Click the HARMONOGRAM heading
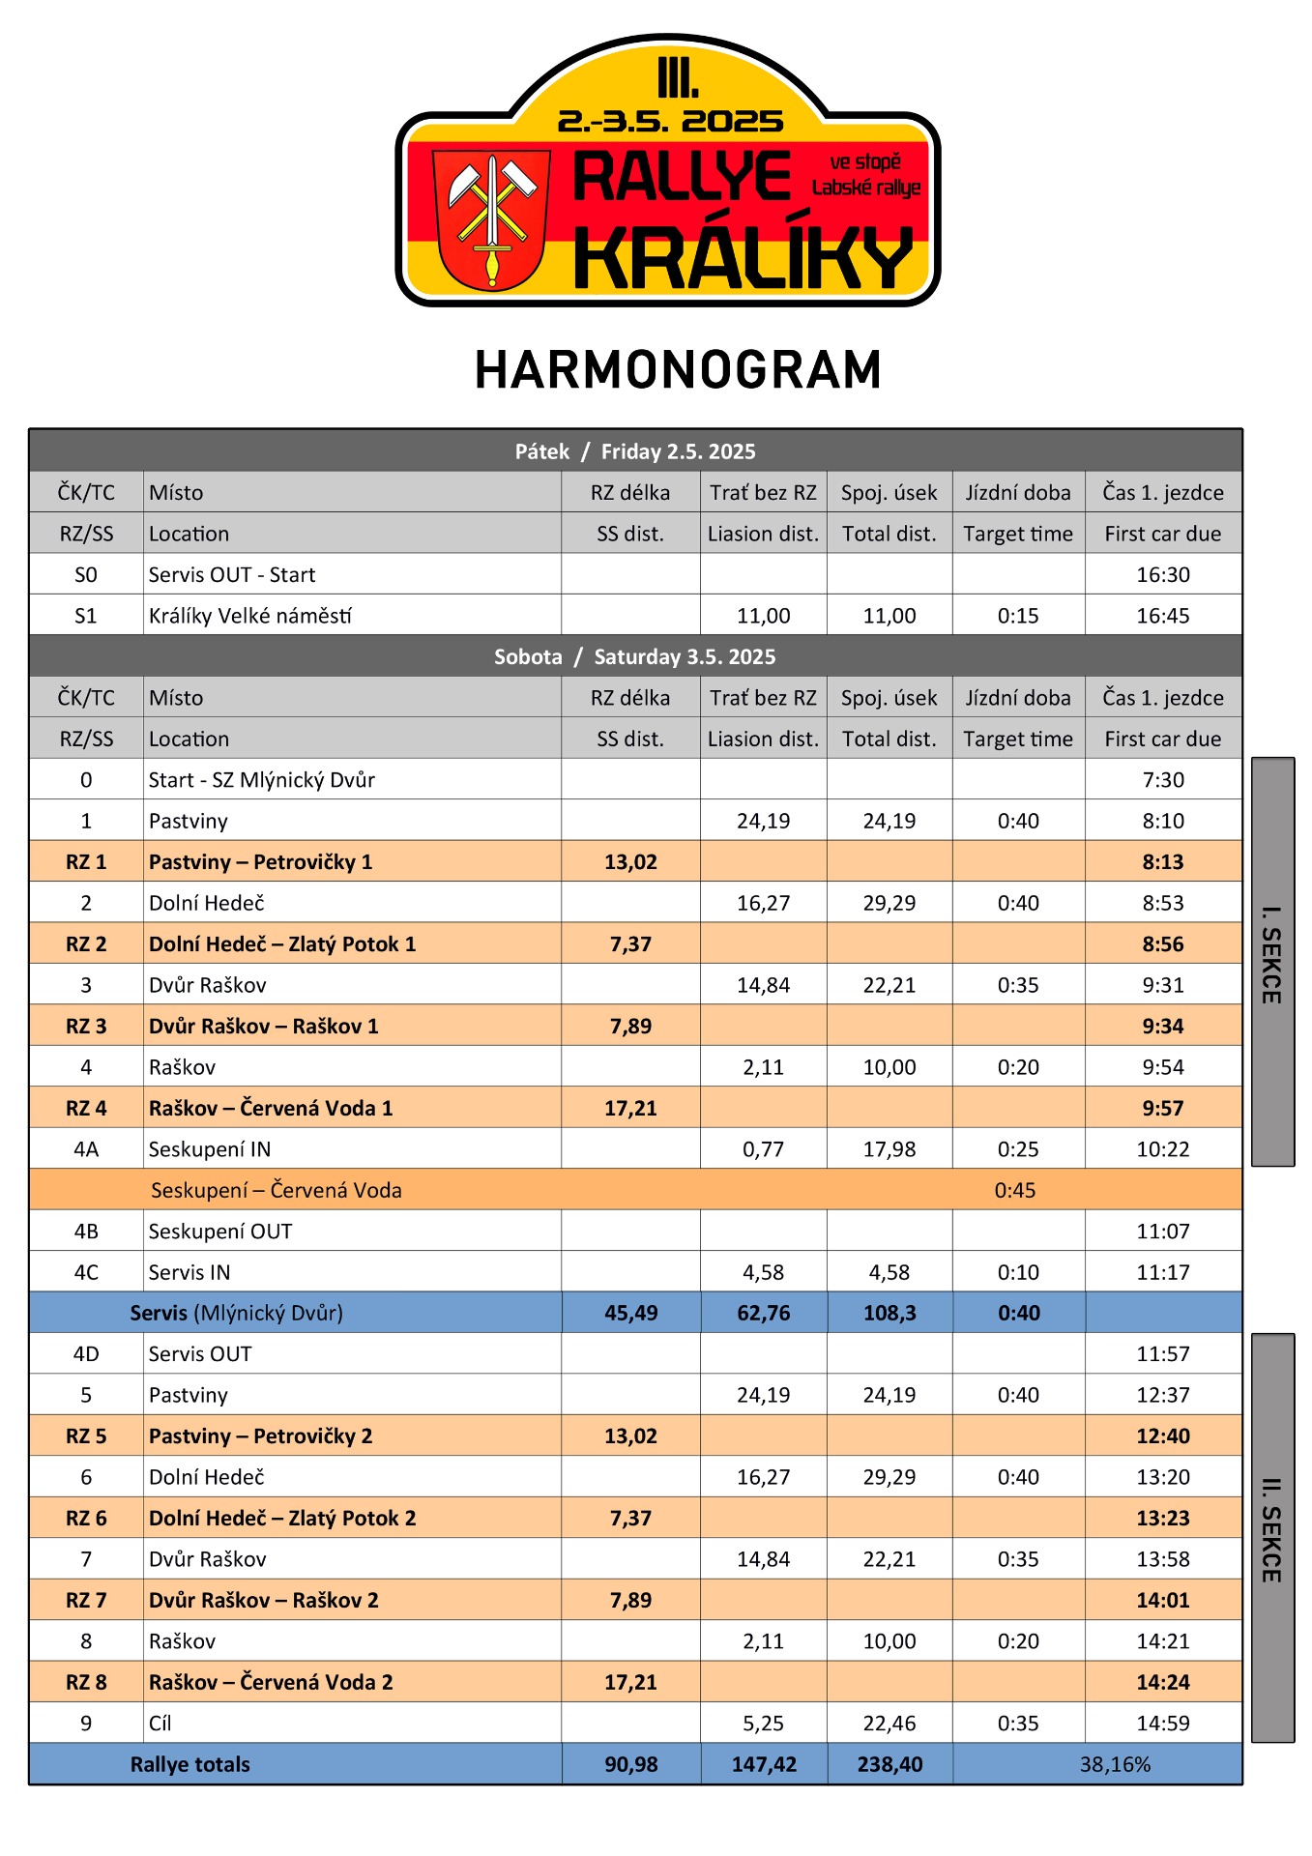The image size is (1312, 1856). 678,370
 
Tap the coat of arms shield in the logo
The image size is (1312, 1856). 491,218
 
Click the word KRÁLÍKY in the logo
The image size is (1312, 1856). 743,258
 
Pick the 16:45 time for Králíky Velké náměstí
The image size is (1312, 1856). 1162,616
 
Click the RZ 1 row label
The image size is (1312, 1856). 86,862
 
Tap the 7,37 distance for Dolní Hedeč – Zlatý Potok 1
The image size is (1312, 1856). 630,944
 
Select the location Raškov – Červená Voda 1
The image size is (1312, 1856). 271,1109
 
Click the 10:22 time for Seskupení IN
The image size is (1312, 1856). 1162,1149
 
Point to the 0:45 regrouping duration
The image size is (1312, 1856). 1014,1191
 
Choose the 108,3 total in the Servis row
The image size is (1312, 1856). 889,1314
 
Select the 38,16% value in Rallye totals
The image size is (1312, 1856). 1115,1765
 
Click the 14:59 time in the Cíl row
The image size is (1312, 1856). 1162,1724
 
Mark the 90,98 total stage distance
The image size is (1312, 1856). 630,1765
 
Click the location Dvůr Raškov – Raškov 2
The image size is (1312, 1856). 263,1601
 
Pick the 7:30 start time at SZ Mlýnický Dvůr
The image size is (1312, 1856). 1162,780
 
